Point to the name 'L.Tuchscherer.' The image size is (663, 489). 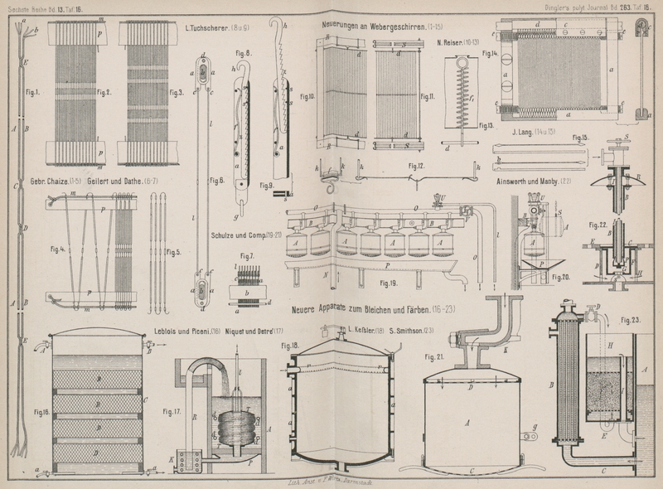(208, 28)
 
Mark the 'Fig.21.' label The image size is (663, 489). (433, 357)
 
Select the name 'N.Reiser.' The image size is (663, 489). (448, 40)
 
